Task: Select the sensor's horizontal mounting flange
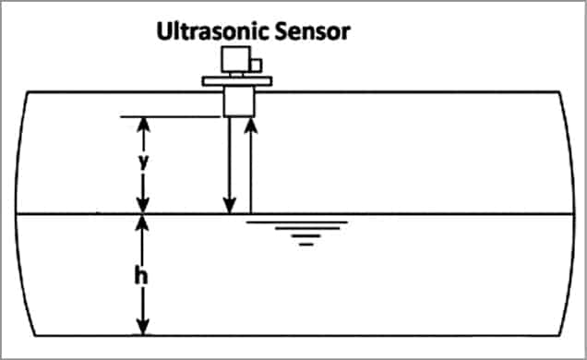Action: tap(237, 80)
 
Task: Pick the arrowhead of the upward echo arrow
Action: tap(250, 123)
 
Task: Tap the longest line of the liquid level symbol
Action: tap(297, 222)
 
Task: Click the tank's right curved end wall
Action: tap(570, 212)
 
